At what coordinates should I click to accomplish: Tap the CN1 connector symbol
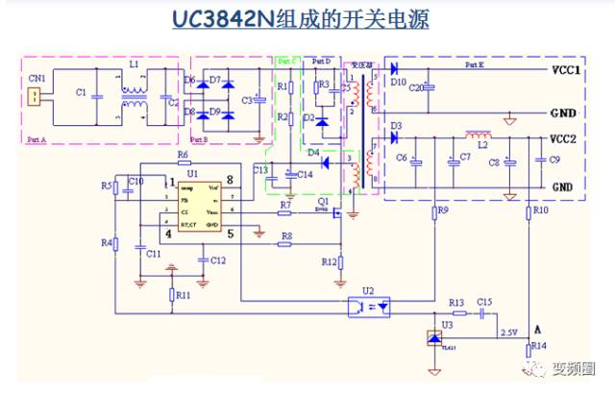35,95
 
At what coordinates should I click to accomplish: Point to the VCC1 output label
566,71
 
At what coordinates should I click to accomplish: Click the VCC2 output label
566,139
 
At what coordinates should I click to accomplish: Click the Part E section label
474,64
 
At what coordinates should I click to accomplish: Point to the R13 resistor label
456,303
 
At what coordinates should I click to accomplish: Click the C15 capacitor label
484,303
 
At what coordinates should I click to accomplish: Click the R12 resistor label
329,261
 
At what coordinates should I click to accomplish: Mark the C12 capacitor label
218,260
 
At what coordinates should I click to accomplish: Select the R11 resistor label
183,296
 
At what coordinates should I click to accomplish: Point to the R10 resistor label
540,210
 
